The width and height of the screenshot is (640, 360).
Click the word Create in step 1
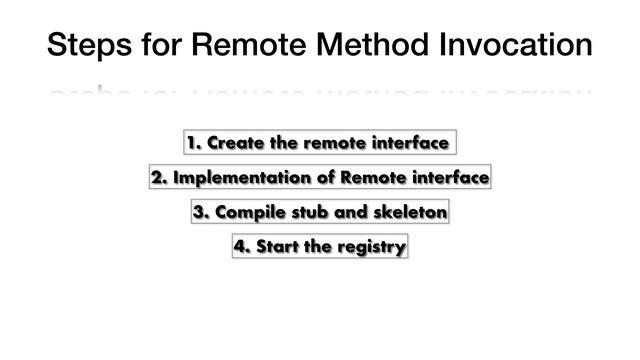[229, 143]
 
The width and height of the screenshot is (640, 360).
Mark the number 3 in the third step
[199, 213]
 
